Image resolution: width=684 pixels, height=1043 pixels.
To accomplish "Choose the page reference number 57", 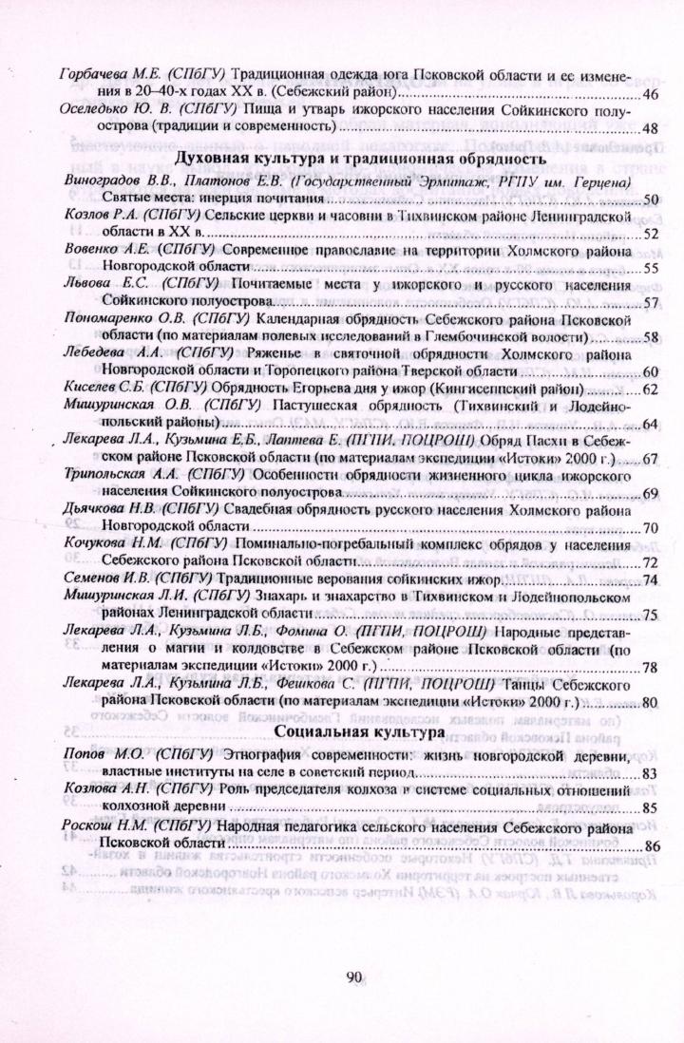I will click(651, 303).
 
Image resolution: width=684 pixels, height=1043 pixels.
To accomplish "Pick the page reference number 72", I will click(651, 562).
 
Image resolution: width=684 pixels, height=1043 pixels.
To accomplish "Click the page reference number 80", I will click(651, 703).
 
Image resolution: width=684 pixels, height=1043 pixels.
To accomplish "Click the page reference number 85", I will click(651, 808).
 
